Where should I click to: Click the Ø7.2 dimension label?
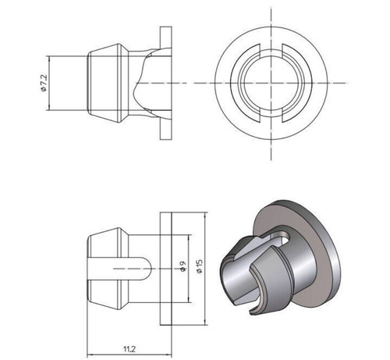pos(44,83)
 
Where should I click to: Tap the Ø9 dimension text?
pos(183,266)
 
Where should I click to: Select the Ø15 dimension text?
pos(200,266)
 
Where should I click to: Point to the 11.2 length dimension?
pos(129,349)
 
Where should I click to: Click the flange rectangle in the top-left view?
pos(166,83)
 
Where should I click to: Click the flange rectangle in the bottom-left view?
pos(166,269)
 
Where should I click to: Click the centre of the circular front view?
pos(271,83)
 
